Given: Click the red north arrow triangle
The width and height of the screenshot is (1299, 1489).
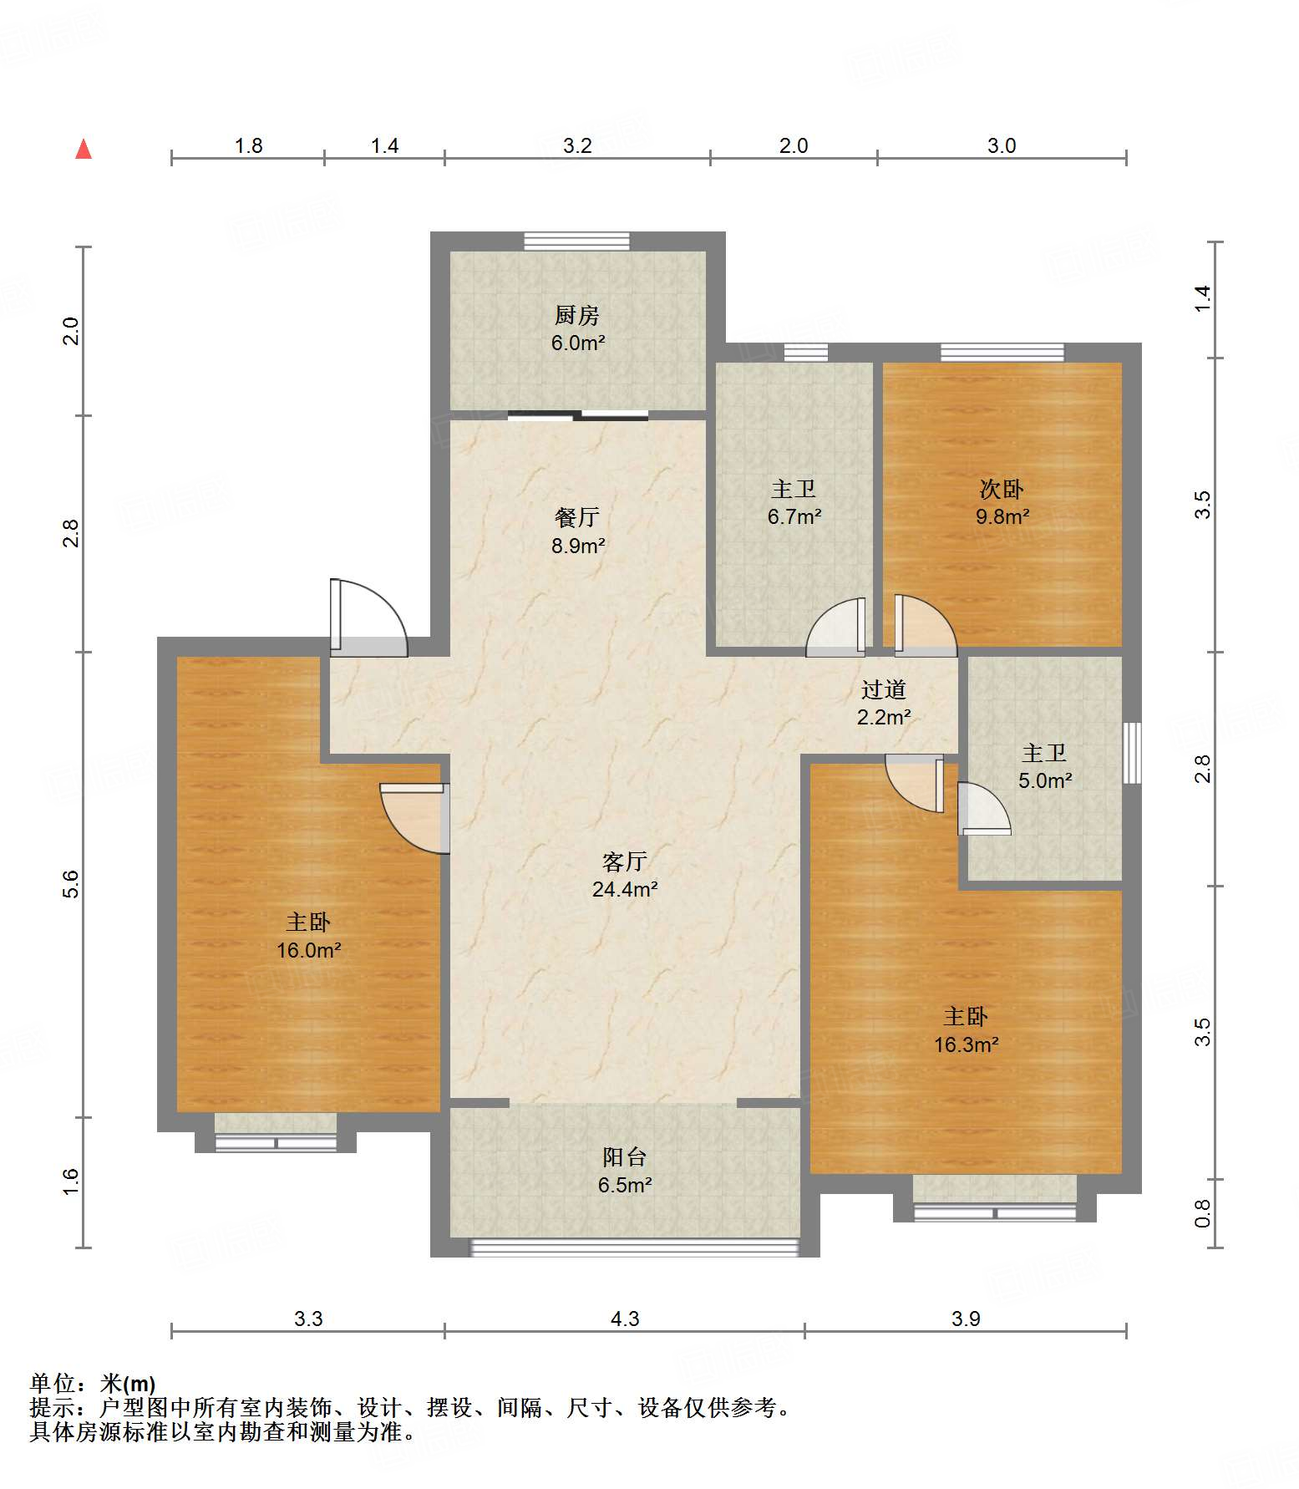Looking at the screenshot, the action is point(84,149).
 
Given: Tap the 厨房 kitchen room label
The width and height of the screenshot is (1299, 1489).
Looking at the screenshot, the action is point(577,328).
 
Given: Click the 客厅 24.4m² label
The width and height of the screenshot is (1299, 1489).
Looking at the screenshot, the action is point(625,875).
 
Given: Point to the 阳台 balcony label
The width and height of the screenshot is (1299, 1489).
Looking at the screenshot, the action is point(625,1171).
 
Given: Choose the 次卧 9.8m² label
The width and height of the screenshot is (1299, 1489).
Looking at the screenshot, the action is point(1002,502).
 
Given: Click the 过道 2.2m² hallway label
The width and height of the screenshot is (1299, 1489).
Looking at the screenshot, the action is point(884,703).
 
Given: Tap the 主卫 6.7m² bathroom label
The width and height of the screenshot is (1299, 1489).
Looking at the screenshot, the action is point(794,502).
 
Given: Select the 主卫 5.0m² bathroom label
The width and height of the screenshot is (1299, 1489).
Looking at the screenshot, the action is point(1044,766).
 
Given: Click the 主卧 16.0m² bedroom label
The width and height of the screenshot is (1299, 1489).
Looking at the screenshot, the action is point(308,936).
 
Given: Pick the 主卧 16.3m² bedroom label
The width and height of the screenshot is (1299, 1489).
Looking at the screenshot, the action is point(966,1030).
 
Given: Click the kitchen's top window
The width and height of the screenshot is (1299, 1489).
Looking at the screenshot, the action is point(576,241).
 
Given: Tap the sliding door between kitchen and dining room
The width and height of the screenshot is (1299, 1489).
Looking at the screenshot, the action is point(577,414).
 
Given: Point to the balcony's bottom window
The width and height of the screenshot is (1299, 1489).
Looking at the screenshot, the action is point(635,1248).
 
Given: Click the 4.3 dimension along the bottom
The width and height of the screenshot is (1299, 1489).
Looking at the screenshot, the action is point(625,1319).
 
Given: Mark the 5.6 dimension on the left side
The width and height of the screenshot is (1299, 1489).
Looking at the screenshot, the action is point(71,884).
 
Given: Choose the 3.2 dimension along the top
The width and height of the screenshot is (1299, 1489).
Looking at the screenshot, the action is point(577,146).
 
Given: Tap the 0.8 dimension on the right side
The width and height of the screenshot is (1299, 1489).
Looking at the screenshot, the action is point(1202,1213).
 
